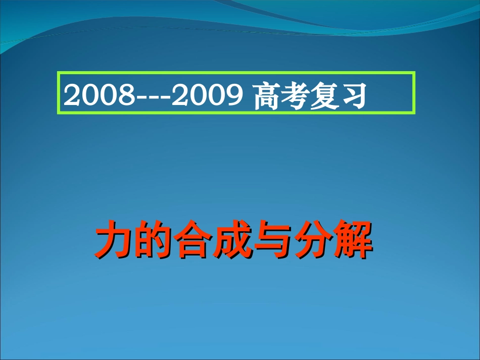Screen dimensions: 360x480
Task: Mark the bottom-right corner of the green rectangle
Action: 414,114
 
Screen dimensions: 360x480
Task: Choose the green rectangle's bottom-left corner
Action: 58,114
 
